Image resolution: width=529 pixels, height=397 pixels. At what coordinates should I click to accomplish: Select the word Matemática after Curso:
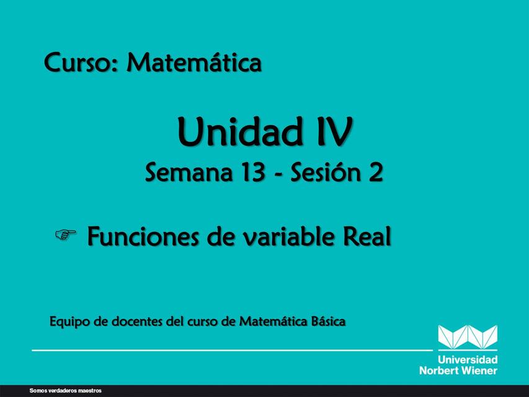click(194, 62)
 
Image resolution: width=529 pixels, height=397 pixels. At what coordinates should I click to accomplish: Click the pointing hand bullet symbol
click(65, 234)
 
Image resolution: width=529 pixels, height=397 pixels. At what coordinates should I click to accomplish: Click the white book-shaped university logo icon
click(468, 337)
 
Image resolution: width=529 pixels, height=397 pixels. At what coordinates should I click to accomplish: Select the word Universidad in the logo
click(468, 360)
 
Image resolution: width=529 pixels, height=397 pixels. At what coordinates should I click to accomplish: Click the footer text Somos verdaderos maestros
click(65, 391)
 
